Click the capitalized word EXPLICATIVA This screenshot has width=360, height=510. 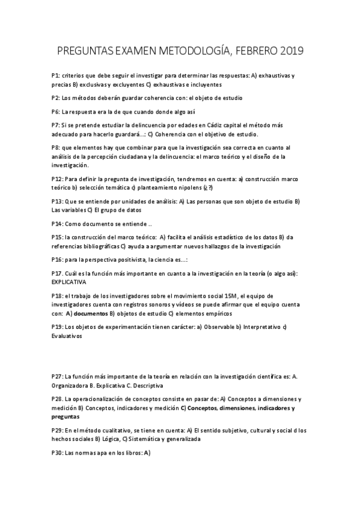[69, 281]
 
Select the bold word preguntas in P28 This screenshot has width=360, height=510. [66, 416]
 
